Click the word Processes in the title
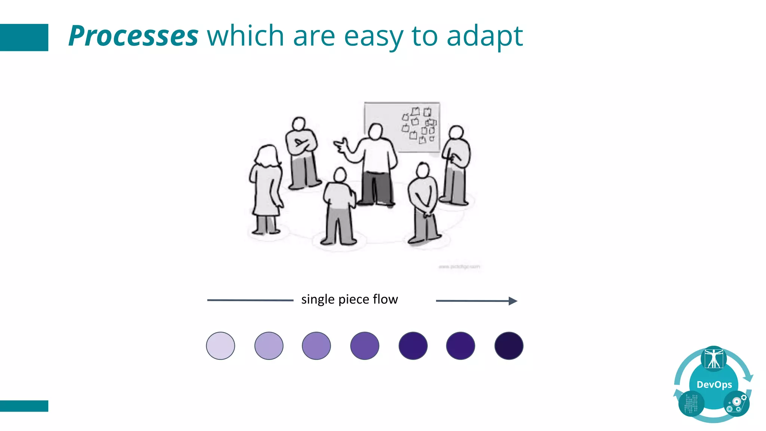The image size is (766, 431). point(133,36)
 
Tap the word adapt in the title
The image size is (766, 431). point(484,36)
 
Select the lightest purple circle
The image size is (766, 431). point(221,346)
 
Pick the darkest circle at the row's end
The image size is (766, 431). point(509,346)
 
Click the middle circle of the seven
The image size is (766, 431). point(365,346)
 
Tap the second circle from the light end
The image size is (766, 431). point(269,346)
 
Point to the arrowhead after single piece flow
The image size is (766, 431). point(513,301)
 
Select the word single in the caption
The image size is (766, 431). point(318,300)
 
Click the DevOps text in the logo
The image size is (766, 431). point(714,385)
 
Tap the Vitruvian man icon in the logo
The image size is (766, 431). point(714,358)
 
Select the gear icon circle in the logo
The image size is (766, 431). point(736,404)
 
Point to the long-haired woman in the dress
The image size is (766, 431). point(266,187)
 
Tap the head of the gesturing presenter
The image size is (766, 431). point(375,131)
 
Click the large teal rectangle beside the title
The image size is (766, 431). point(24,37)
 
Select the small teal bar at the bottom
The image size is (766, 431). point(24,406)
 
